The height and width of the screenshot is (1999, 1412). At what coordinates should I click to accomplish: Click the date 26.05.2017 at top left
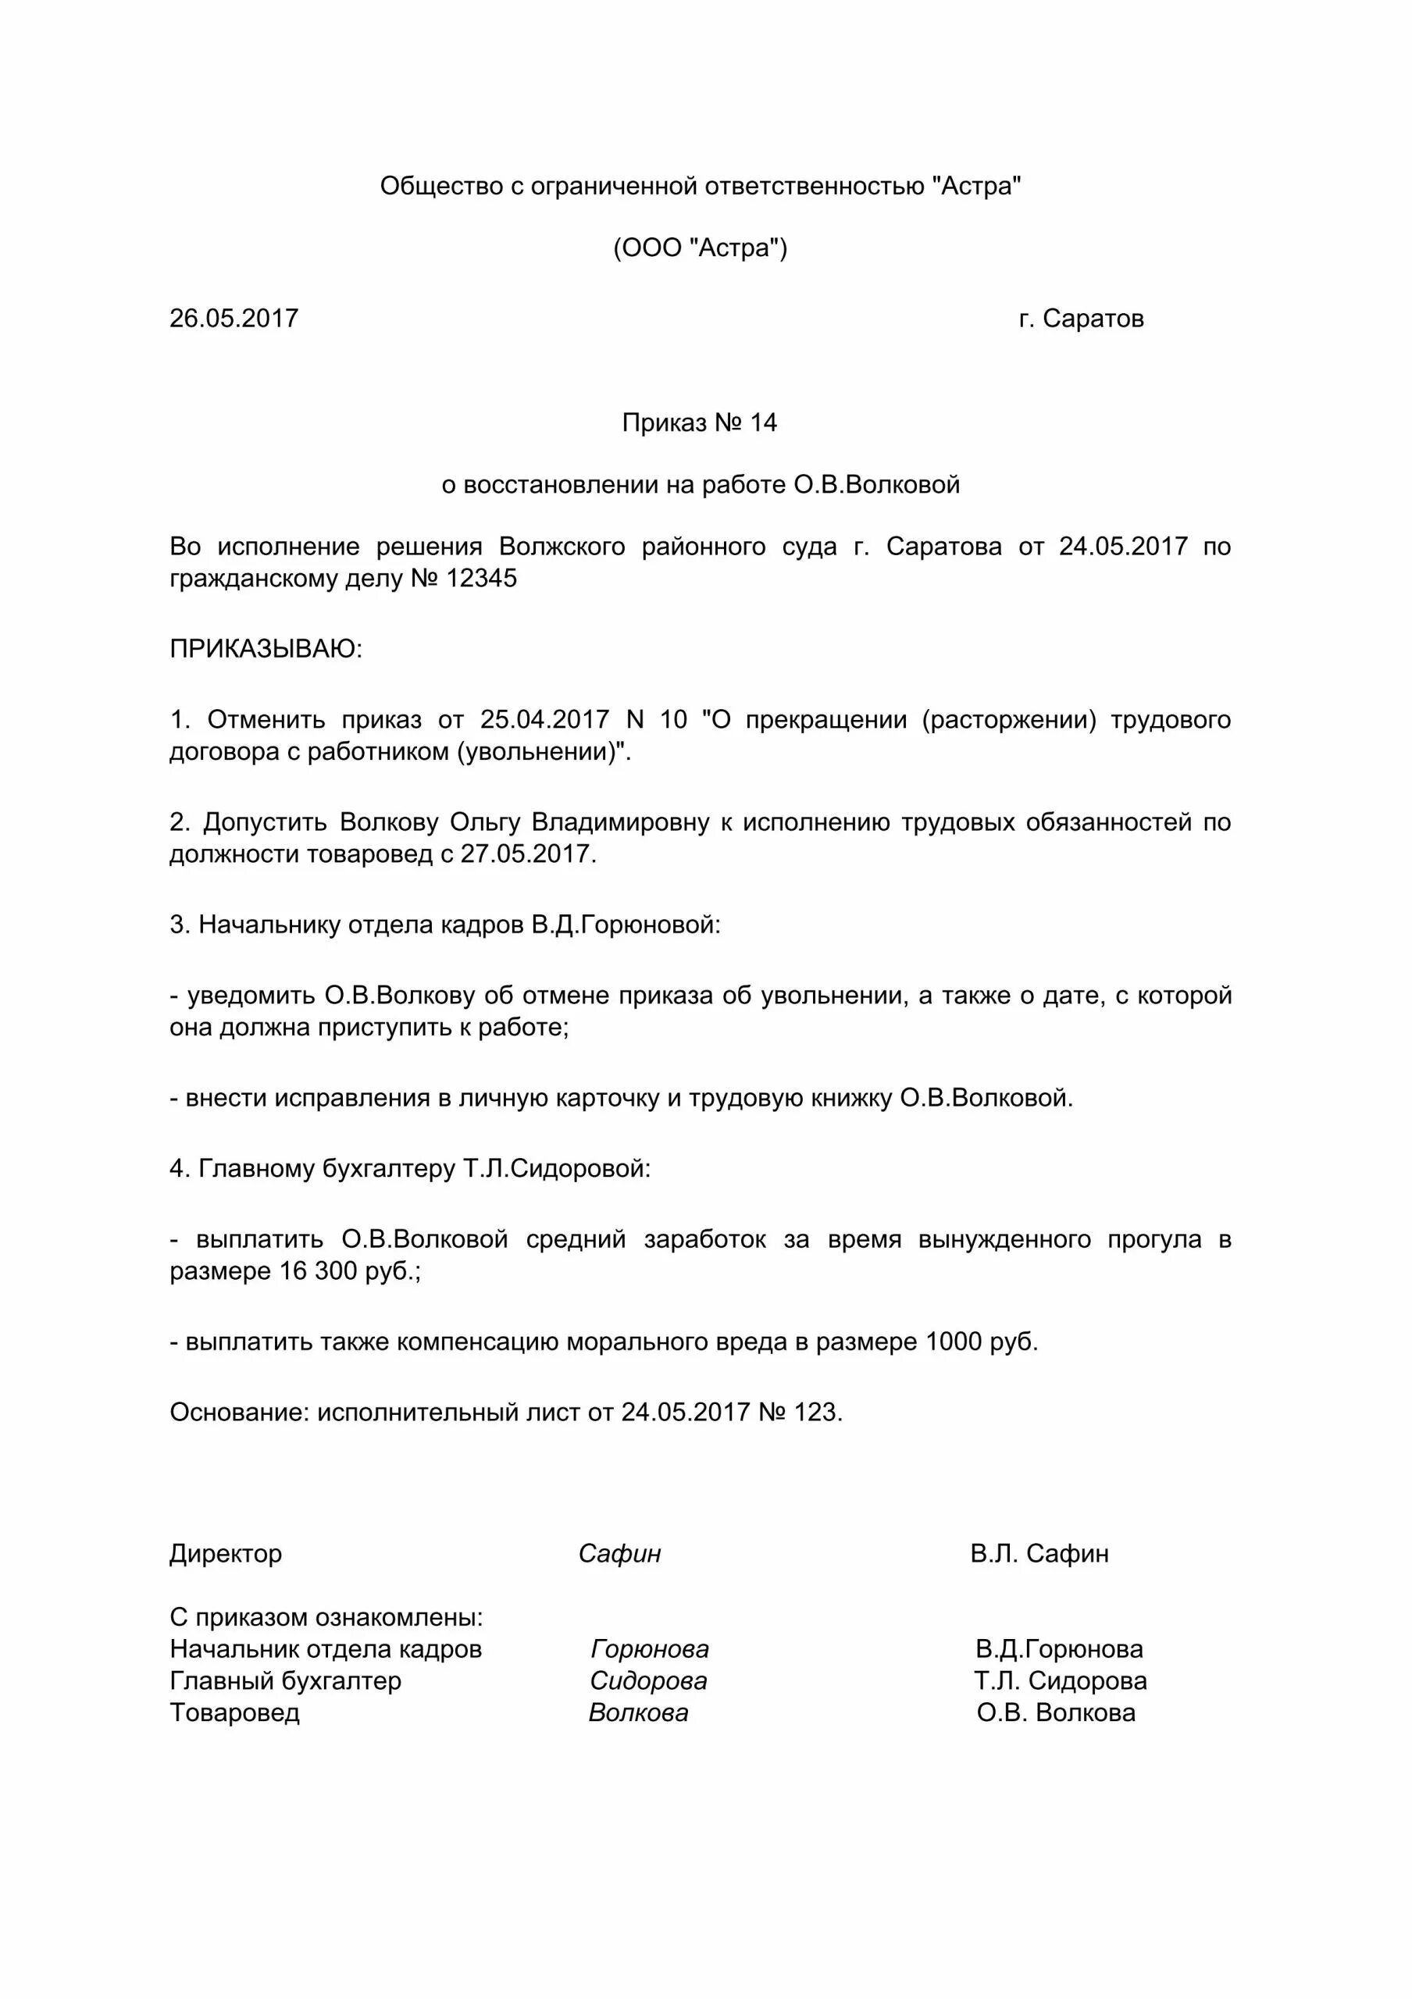click(234, 319)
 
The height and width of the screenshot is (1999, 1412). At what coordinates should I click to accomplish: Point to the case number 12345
click(481, 578)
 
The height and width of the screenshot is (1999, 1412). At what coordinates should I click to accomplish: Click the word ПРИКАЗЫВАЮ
click(265, 649)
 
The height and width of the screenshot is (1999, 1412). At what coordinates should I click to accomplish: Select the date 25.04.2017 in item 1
click(544, 720)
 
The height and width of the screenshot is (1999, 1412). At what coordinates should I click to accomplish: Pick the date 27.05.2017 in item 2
click(526, 854)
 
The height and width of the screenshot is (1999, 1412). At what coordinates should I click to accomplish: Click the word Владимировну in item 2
click(621, 822)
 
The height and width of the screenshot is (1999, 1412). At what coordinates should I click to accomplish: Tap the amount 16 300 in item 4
click(318, 1271)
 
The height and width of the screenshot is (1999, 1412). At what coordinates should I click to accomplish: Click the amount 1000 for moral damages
click(954, 1342)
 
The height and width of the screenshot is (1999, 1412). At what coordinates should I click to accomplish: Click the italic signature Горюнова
click(650, 1649)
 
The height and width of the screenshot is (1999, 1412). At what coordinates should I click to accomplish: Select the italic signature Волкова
click(638, 1712)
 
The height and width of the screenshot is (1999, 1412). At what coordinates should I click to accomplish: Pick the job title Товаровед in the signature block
click(234, 1712)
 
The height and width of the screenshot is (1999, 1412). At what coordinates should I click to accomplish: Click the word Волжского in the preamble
click(562, 547)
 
